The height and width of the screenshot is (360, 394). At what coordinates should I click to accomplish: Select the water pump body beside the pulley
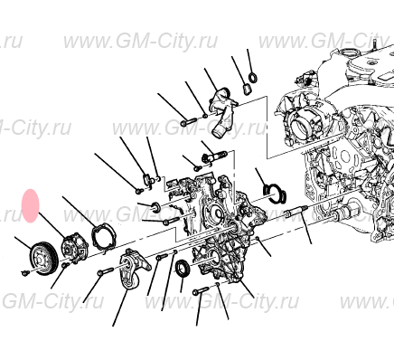[73, 248]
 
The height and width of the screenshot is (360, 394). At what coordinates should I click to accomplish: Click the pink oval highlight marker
[31, 206]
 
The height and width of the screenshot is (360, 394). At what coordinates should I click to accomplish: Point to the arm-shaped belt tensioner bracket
[136, 270]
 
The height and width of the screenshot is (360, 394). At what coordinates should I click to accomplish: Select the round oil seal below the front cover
[183, 269]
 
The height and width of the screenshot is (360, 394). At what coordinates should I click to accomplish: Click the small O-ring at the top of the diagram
[253, 77]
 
